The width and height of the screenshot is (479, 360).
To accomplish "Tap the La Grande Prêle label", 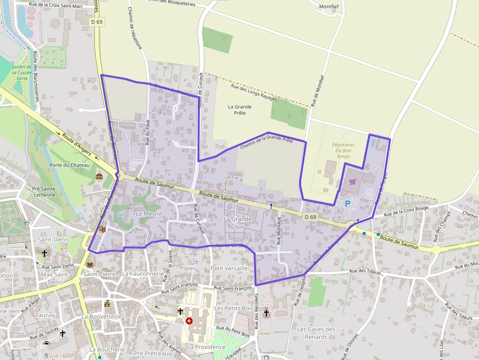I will point(240,110).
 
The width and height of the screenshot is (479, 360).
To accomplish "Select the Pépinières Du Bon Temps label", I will point(343,150).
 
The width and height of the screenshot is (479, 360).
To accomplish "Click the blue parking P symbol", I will point(348,204).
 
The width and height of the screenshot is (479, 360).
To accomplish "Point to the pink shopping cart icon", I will point(353,182).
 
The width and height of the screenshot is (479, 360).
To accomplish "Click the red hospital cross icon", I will point(189,321).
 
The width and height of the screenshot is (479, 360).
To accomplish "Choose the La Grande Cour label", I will point(238,223).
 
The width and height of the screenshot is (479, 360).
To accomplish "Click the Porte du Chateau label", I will point(69,165).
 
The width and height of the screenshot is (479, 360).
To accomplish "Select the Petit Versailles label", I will point(230,268).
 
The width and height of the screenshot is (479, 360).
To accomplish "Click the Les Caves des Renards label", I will point(316,333).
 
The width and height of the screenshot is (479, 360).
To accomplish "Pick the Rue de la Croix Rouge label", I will point(406,211).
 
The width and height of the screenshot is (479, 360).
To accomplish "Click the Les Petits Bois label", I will point(234,308).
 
